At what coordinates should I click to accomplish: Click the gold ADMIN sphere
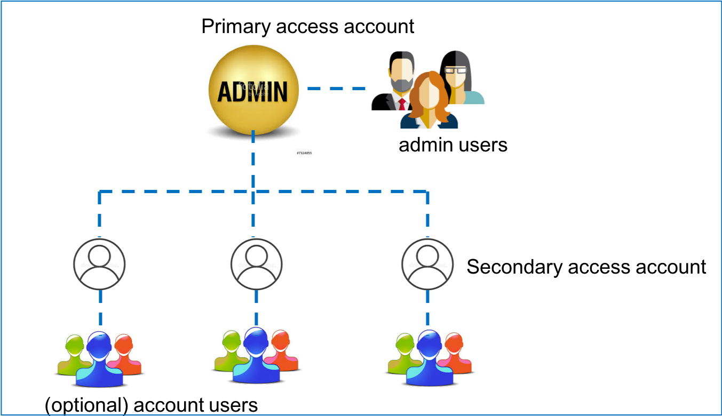(253, 91)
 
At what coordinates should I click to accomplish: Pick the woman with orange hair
(429, 101)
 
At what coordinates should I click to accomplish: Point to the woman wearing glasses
(458, 77)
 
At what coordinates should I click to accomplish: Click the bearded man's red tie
(402, 104)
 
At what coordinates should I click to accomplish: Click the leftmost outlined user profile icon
(99, 264)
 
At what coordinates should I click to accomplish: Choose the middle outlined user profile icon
(256, 264)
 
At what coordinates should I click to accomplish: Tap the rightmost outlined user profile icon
(427, 264)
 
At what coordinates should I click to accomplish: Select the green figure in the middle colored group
(229, 352)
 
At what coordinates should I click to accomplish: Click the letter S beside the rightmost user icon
(472, 266)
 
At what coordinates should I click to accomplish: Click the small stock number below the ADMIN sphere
(304, 153)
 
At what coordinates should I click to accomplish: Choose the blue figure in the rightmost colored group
(430, 360)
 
